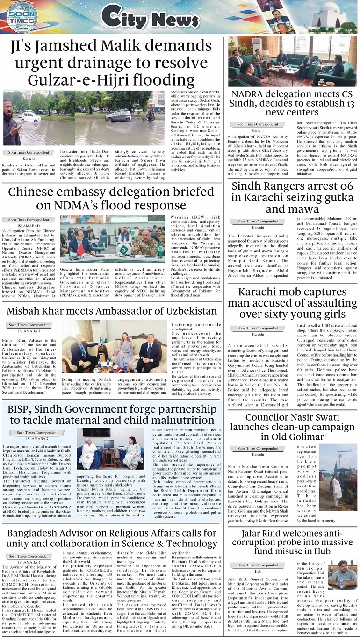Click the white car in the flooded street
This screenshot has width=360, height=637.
tap(30, 116)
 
